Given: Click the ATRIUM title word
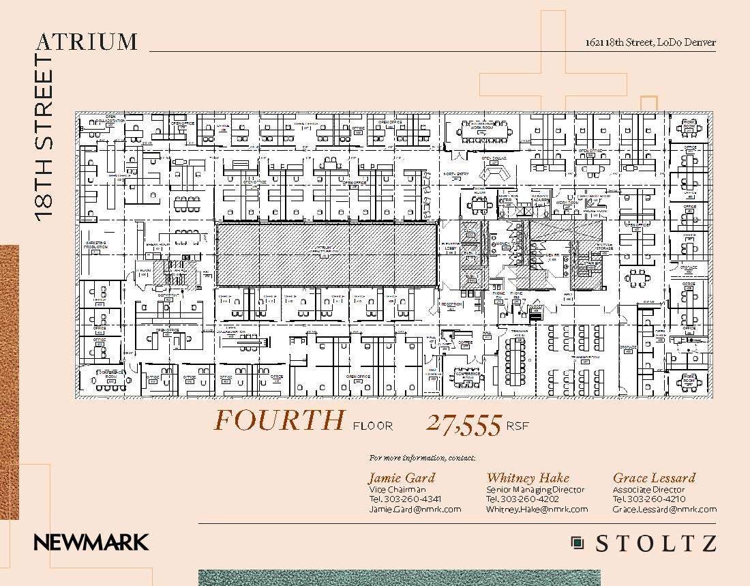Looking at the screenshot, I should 87,42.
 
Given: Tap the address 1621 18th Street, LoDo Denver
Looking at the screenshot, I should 650,42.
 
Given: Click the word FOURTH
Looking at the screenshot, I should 280,420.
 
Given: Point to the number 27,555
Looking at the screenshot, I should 464,424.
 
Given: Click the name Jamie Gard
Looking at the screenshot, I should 401,478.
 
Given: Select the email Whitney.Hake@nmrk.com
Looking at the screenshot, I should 537,509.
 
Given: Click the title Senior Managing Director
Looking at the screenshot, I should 535,490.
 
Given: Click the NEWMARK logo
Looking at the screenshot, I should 91,543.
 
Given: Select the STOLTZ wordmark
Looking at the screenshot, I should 656,544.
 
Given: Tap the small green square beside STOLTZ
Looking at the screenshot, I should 577,543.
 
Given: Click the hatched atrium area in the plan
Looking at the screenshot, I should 327,254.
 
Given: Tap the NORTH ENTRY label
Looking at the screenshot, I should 455,174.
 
